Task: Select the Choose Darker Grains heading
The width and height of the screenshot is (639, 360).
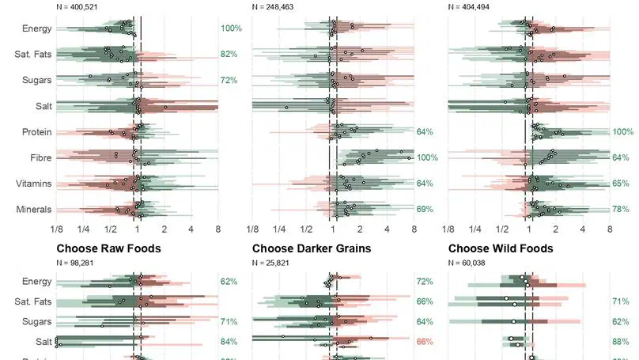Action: [312, 248]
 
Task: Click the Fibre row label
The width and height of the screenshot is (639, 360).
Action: [40, 158]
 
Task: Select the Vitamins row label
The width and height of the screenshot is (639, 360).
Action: [34, 184]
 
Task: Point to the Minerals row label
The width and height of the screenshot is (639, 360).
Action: [34, 210]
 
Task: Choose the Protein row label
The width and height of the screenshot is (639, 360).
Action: [36, 132]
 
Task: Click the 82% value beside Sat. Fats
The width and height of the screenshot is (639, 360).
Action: [229, 55]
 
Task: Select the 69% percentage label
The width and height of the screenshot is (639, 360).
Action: [425, 210]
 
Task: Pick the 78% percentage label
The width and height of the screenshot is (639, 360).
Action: [620, 210]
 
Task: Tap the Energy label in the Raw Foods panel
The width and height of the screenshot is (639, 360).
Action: [36, 282]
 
